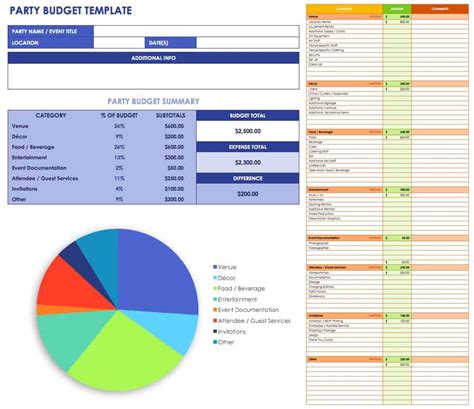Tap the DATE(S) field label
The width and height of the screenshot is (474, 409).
pyautogui.click(x=157, y=44)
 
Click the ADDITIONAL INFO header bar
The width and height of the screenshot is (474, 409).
pyautogui.click(x=154, y=58)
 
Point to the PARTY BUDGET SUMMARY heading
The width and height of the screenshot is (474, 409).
pyautogui.click(x=153, y=101)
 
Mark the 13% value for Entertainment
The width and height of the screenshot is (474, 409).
pyautogui.click(x=119, y=157)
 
